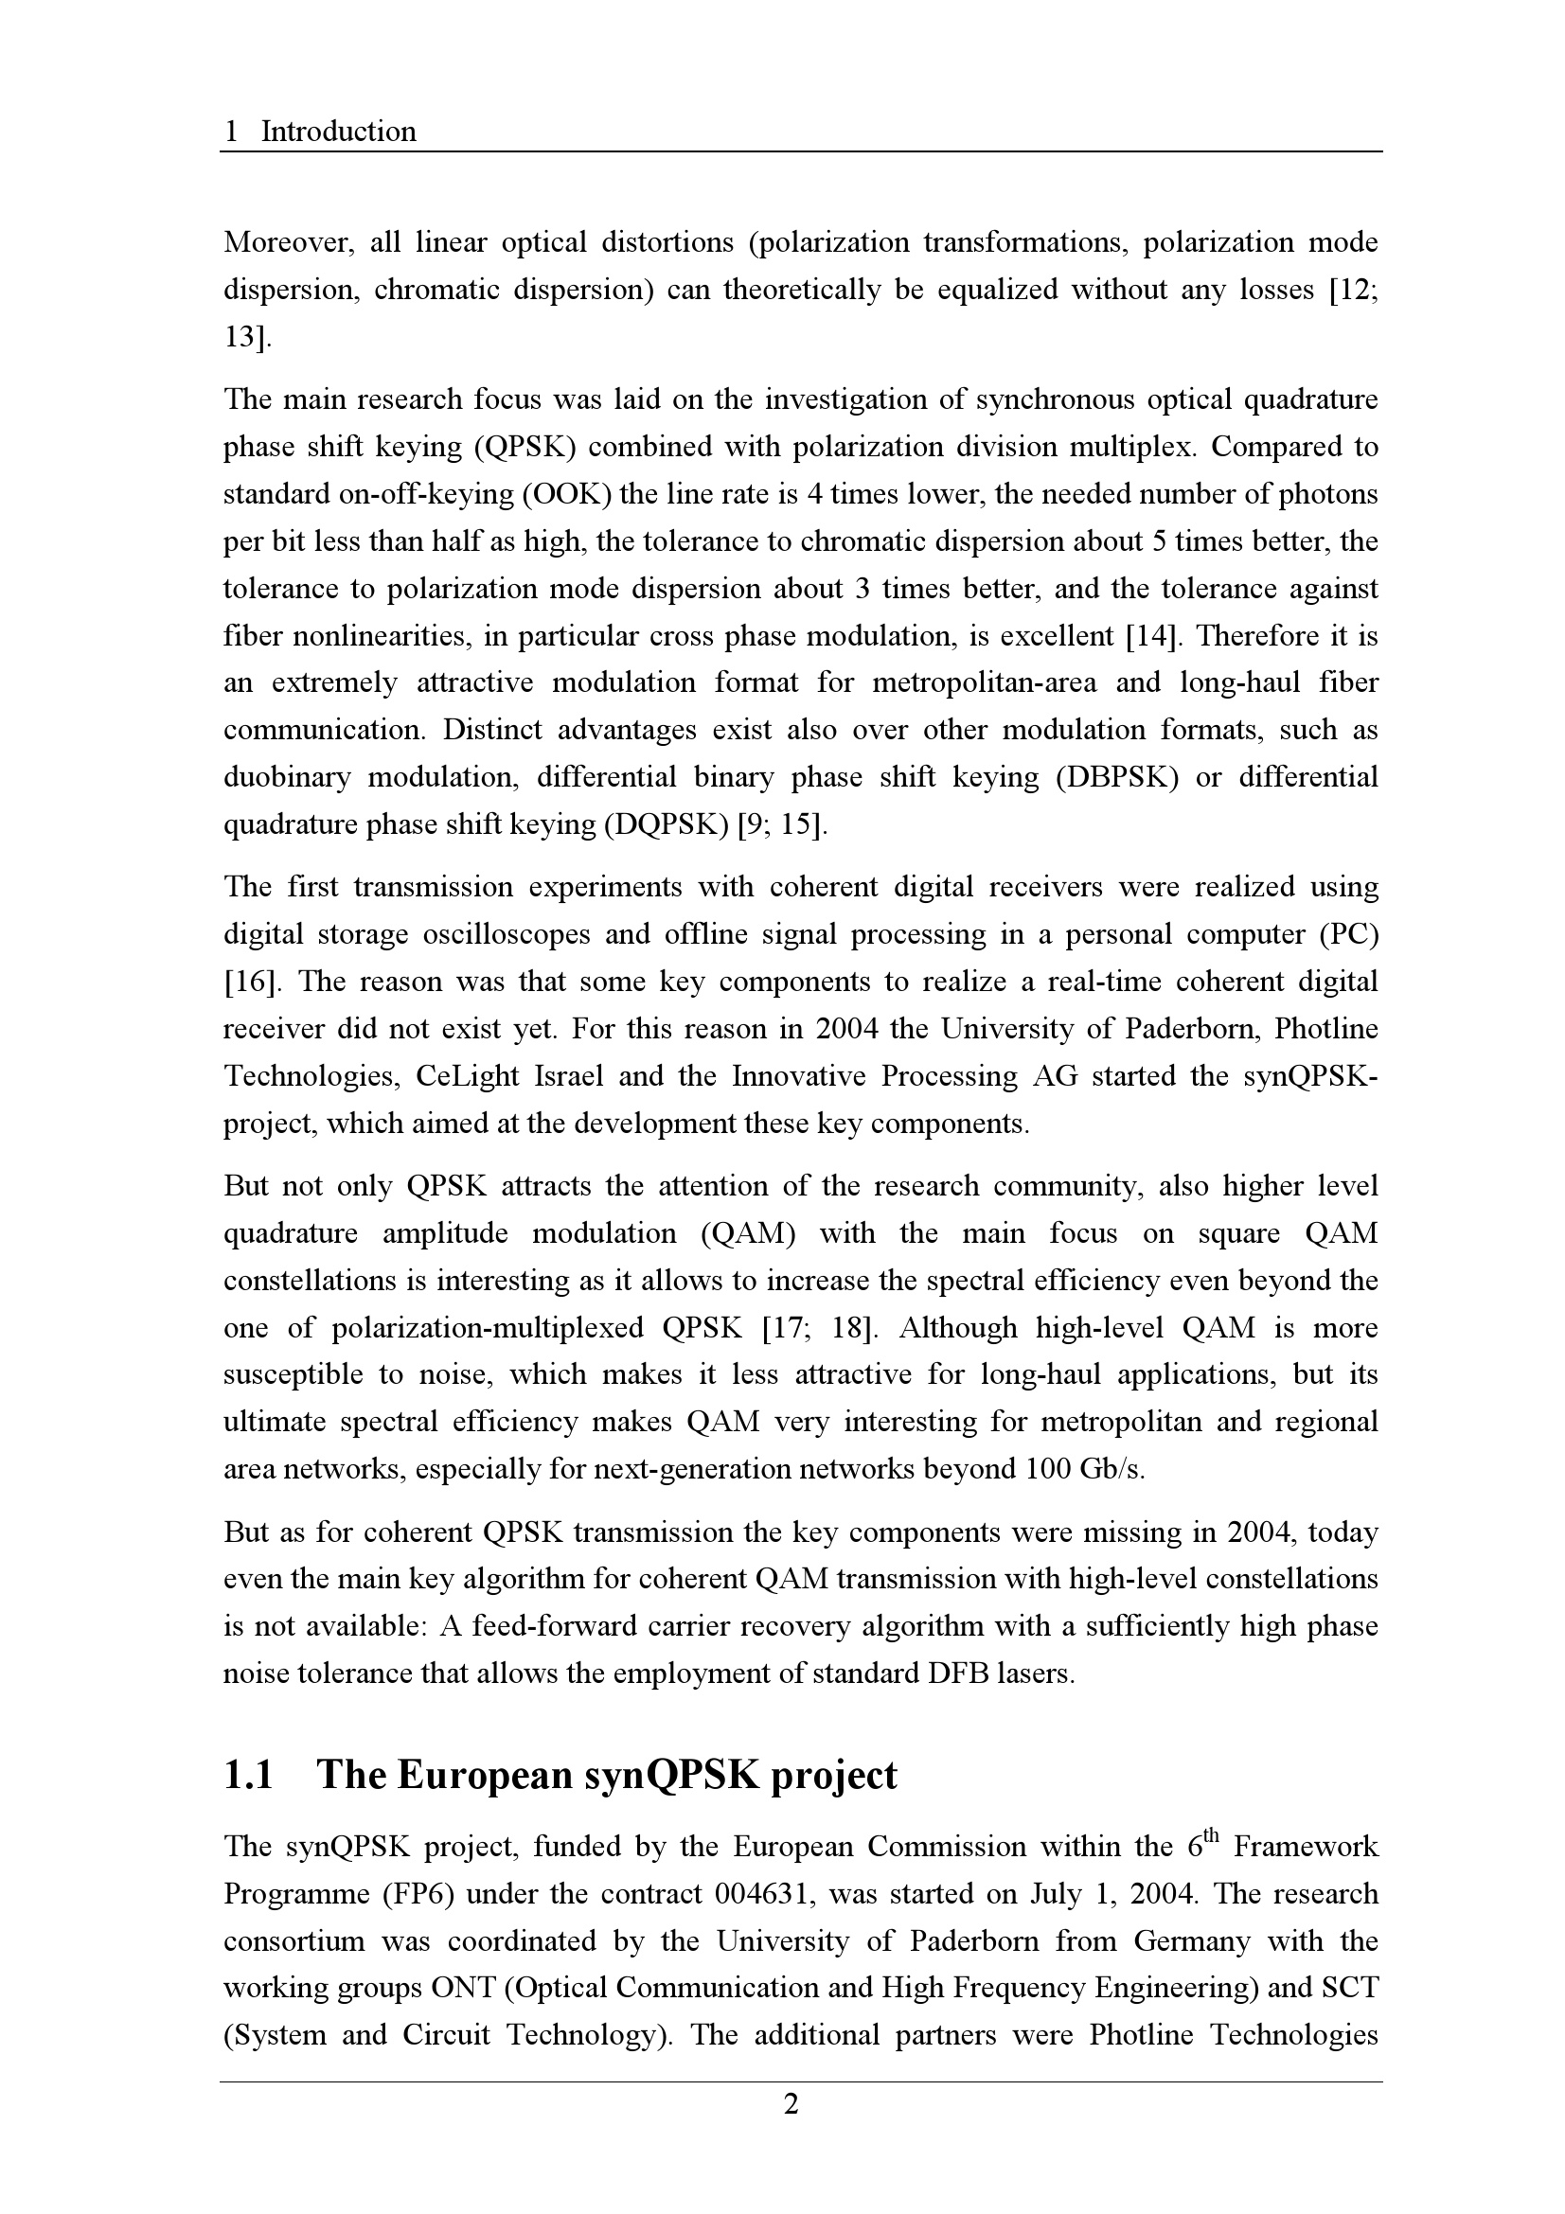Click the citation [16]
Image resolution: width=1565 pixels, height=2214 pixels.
tap(252, 982)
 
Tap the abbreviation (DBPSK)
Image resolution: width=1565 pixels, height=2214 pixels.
tap(1116, 777)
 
